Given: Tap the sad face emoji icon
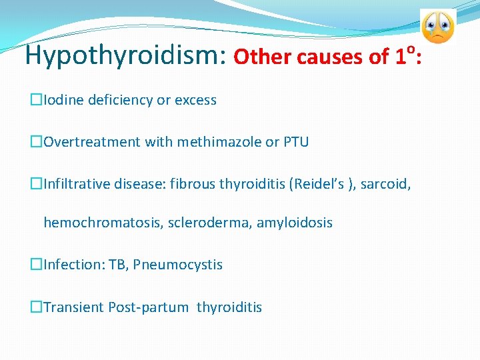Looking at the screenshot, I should tap(437, 27).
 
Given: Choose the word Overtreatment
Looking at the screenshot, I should tap(87, 141).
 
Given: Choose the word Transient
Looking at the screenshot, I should tap(73, 307).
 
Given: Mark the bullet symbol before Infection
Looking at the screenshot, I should tap(36, 265).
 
